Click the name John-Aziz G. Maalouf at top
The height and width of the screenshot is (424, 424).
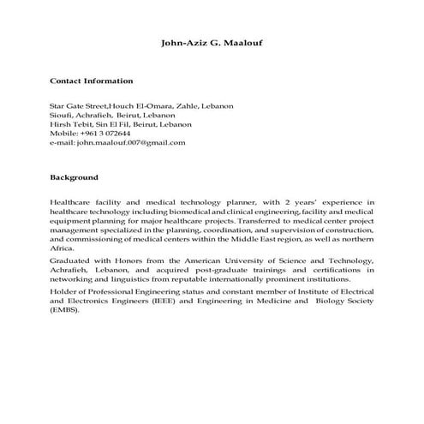(212, 41)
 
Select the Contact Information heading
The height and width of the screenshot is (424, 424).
(92, 81)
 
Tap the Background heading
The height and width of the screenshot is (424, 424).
(75, 177)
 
